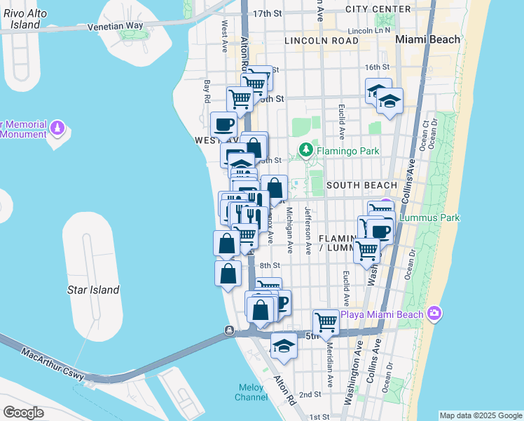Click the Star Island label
(x=93, y=290)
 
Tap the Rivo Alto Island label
(x=21, y=18)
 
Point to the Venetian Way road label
(x=116, y=26)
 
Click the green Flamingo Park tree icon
(x=305, y=149)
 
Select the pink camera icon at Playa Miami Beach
(x=434, y=312)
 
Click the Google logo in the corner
(x=23, y=412)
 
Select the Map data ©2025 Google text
(x=481, y=415)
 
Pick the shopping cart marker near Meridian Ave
(x=326, y=322)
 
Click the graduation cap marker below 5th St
(x=283, y=347)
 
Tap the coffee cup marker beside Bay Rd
(x=223, y=125)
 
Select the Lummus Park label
(x=429, y=218)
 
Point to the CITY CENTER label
(x=378, y=9)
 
